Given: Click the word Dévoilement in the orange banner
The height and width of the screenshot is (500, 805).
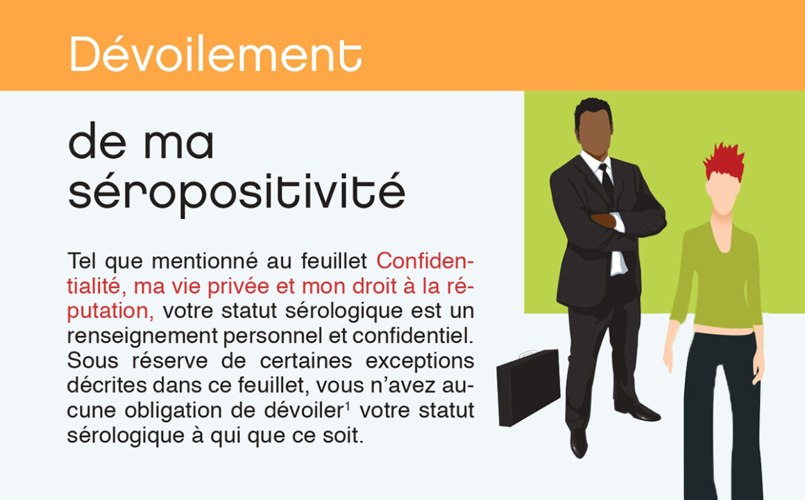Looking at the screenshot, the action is pyautogui.click(x=216, y=54).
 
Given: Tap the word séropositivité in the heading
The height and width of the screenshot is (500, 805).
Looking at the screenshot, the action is pyautogui.click(x=237, y=192).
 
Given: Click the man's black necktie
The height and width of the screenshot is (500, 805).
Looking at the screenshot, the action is pyautogui.click(x=607, y=183).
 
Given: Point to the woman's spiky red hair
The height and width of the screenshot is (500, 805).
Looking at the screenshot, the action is pyautogui.click(x=724, y=161).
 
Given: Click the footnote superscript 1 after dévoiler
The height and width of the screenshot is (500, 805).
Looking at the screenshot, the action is pyautogui.click(x=348, y=406).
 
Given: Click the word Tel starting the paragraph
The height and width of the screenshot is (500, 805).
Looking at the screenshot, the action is pyautogui.click(x=82, y=261).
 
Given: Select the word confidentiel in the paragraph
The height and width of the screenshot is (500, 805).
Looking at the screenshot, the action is pyautogui.click(x=413, y=336).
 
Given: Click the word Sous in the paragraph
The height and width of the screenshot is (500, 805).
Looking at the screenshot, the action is pyautogui.click(x=92, y=360).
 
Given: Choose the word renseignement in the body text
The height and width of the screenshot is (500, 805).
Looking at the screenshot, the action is pyautogui.click(x=143, y=337).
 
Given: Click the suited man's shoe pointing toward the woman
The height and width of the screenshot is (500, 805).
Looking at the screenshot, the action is pyautogui.click(x=638, y=410).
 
